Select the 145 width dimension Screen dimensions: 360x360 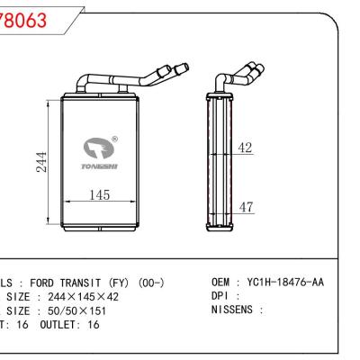pyautogui.click(x=102, y=195)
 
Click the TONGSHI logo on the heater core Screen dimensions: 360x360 pyautogui.click(x=96, y=148)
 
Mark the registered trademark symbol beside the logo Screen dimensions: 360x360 pyautogui.click(x=114, y=138)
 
